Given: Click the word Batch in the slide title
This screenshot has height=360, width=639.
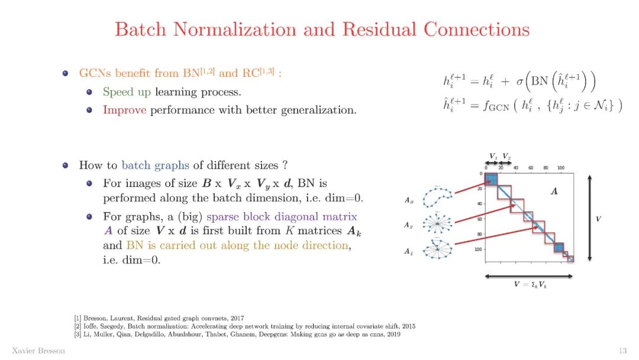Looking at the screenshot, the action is coord(140,29).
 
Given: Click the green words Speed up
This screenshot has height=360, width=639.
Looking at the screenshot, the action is coord(127,92).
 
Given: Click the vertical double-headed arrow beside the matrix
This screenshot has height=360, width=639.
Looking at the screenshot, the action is coord(590,218).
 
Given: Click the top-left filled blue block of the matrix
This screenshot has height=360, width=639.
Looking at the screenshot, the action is coord(491,179).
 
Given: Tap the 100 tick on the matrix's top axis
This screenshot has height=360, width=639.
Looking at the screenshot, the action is coord(560,168).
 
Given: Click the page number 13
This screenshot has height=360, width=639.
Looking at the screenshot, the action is coord(622,351).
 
